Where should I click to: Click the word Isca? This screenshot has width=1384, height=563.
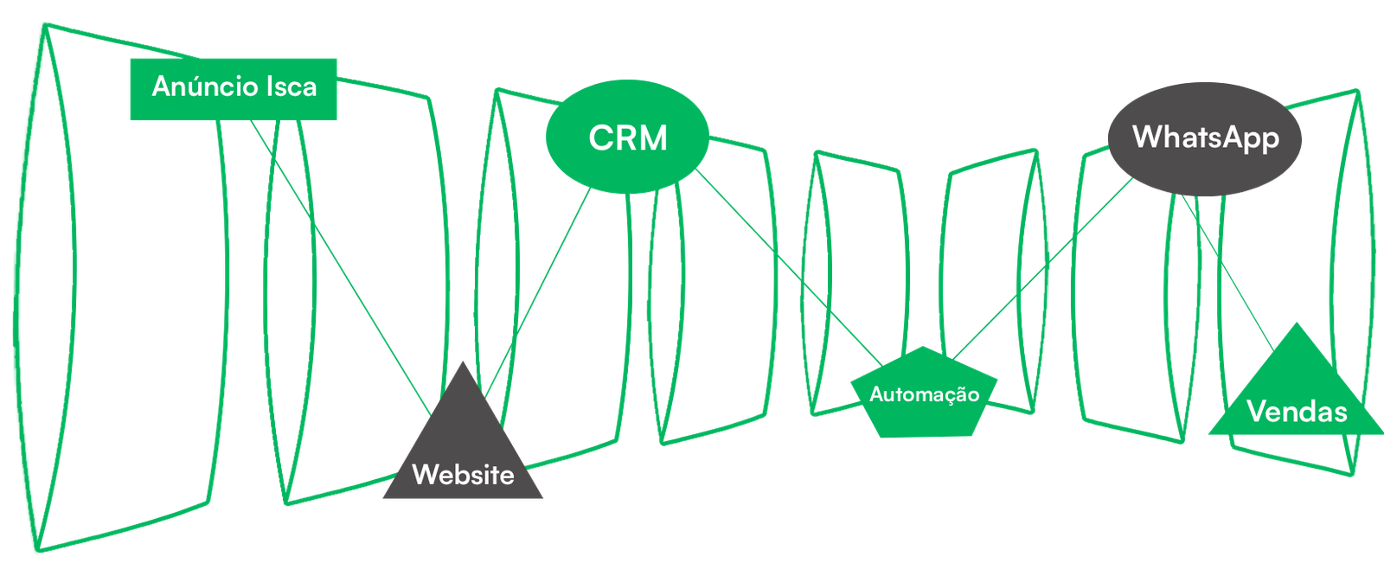291,86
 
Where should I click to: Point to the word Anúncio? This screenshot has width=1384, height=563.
205,86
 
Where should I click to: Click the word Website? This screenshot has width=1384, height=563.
464,475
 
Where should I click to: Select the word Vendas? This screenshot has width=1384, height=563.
1297,412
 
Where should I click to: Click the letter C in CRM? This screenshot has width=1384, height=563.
601,138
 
